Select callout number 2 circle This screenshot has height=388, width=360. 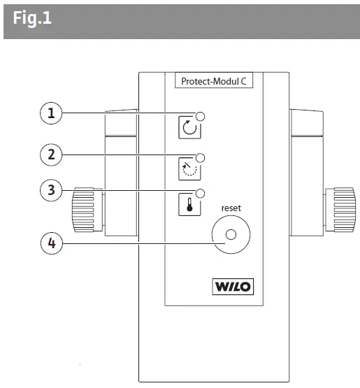point(50,155)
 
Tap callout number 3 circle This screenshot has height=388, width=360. point(50,189)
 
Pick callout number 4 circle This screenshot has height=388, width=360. point(50,244)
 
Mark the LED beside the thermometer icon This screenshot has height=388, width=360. point(200,193)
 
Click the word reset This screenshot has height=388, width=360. point(231,208)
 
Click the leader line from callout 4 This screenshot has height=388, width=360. point(140,244)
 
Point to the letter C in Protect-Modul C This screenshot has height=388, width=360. point(247,80)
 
